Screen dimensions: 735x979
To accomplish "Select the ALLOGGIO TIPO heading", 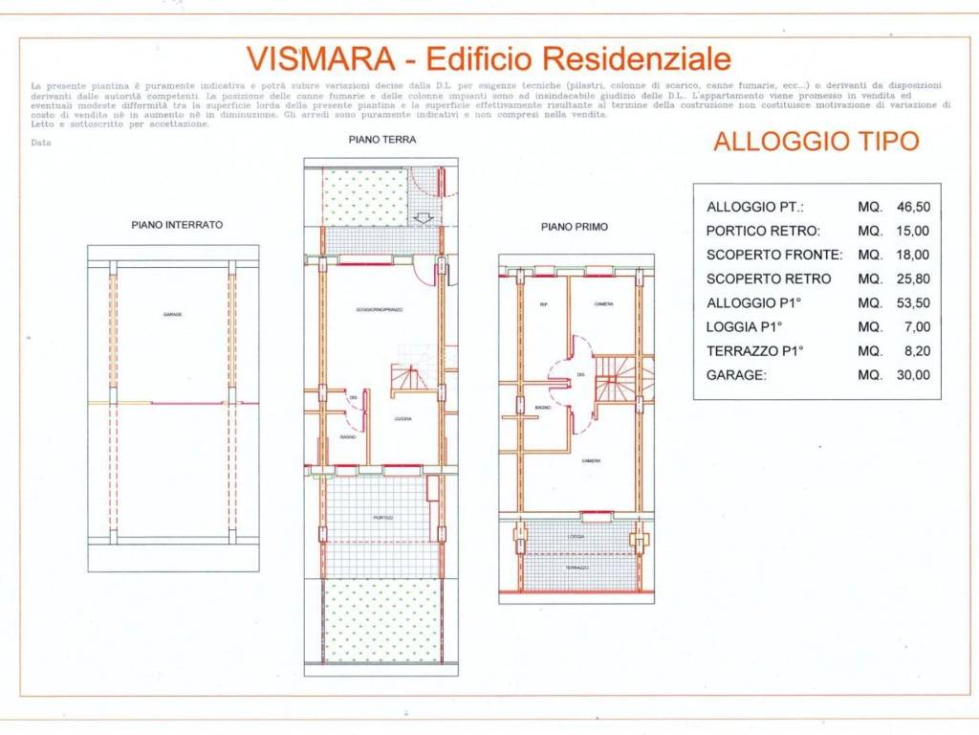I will point(816,142).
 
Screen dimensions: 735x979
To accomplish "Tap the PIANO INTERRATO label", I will point(177,225).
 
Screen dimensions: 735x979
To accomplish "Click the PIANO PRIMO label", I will point(575,227).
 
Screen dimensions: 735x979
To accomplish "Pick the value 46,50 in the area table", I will point(912,207).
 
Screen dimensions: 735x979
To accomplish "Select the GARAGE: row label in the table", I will point(736,375).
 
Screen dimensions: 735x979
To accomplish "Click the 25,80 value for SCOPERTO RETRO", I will point(912,278).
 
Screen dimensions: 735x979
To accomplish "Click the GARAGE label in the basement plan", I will point(173,315).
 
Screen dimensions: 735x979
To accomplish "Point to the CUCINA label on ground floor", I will point(403,419).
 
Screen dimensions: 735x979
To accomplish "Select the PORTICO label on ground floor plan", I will point(382,518).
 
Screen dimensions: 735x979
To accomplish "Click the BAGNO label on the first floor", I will point(542,409).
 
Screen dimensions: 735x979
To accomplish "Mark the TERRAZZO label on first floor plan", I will point(577,568).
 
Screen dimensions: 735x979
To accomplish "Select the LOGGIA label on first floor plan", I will point(577,537).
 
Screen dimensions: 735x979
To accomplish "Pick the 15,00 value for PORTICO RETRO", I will point(912,231).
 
